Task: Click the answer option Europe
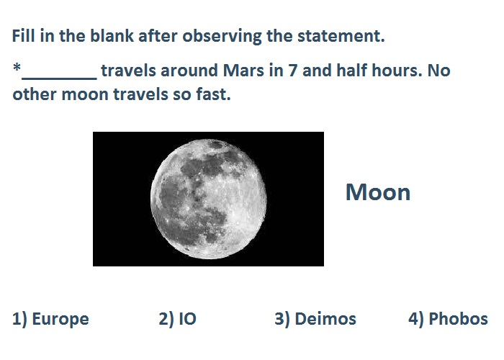click(x=50, y=319)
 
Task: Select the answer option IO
click(x=177, y=319)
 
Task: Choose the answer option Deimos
click(x=315, y=319)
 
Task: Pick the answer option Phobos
click(x=448, y=319)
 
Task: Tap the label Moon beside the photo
click(x=378, y=192)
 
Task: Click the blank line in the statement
click(x=59, y=78)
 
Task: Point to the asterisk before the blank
click(x=17, y=68)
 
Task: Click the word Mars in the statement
click(x=243, y=71)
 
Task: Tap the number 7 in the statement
click(x=292, y=71)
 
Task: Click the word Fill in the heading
click(x=24, y=35)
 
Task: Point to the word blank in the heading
click(x=112, y=35)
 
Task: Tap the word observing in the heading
click(x=222, y=36)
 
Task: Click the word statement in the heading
click(x=341, y=36)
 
